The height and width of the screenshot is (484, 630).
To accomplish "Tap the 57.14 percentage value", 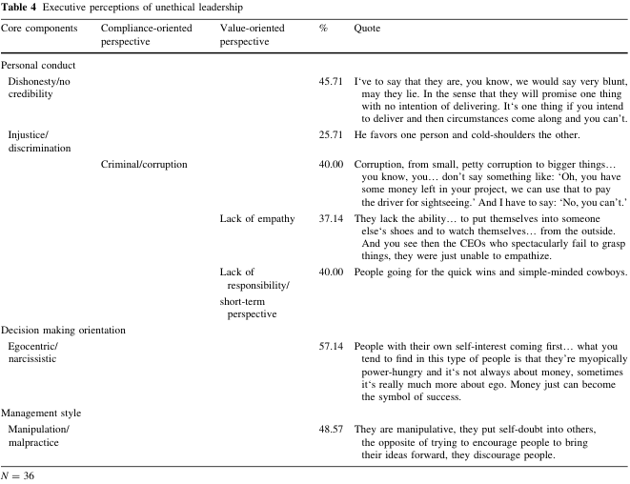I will coord(331,347).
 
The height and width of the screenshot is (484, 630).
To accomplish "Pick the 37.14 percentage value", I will coord(331,218).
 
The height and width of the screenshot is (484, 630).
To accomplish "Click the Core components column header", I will coord(38,29).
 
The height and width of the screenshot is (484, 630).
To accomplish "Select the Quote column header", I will coord(367,29).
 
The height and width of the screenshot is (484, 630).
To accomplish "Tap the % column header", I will coord(324,29).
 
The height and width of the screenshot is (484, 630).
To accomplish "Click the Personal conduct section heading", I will coord(38,65).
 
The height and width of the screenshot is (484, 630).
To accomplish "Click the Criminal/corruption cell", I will coord(144,164).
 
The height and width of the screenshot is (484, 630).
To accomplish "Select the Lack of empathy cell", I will coord(257,218).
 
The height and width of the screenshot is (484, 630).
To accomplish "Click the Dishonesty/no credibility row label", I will coord(47,90).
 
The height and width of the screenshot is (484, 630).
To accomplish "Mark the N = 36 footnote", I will coord(19,474).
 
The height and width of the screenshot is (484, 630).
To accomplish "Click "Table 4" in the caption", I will coord(20,8).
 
